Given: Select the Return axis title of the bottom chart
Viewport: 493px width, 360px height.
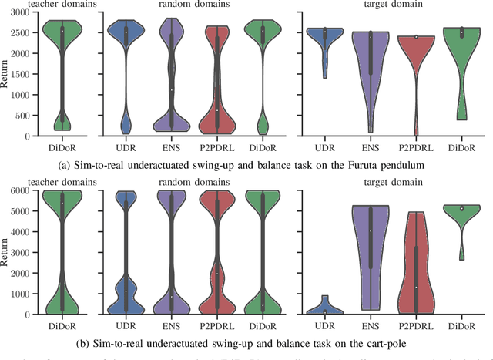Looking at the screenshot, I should pyautogui.click(x=5, y=252).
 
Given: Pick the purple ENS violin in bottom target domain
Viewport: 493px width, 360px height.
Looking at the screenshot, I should pyautogui.click(x=370, y=247).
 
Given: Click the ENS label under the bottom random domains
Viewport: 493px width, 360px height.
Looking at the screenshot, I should pyautogui.click(x=179, y=325).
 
